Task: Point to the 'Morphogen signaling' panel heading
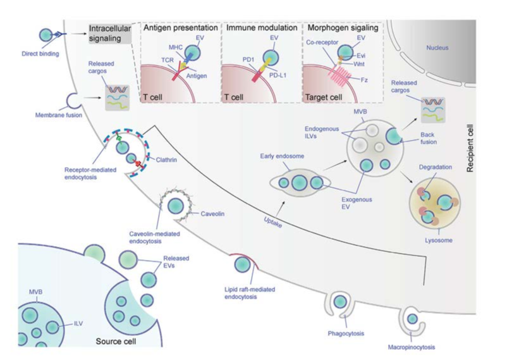pyautogui.click(x=341, y=28)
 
